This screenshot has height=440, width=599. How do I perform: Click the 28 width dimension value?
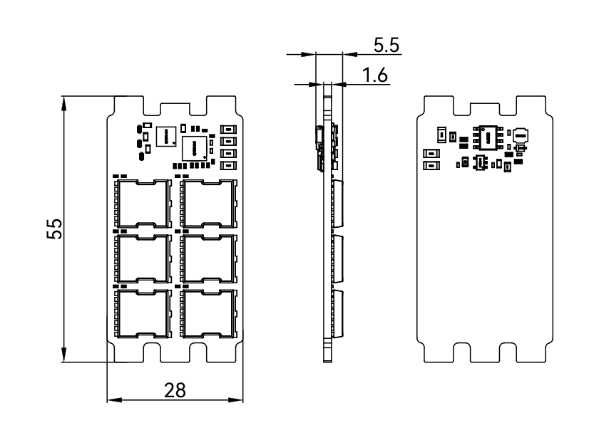pos(175,391)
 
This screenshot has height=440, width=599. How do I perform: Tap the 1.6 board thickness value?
pos(375,75)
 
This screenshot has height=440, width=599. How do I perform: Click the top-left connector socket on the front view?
pos(143,202)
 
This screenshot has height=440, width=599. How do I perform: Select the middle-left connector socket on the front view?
pos(143,258)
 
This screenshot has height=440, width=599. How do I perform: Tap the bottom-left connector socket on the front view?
pos(143,313)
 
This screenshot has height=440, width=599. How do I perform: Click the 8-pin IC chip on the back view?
pos(489,135)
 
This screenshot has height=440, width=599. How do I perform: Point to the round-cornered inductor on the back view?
pos(521,135)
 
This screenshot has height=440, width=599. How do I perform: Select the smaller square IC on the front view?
pos(167,135)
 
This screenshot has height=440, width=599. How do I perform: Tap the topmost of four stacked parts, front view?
pos(229,130)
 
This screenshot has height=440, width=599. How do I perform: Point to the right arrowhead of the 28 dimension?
pos(240,402)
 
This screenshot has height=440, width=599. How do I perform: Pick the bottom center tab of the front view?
pos(175,352)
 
